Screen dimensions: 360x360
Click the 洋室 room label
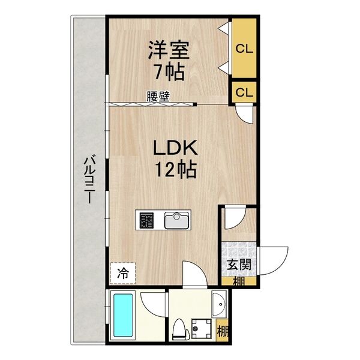coord(169,50)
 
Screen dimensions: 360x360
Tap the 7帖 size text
coord(170,71)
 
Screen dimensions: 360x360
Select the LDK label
coord(175,148)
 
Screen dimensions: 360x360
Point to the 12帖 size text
coord(176,170)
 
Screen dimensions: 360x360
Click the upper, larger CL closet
coord(244,48)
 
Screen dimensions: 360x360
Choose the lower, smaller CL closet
coord(244,92)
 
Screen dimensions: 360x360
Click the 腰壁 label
coord(158,97)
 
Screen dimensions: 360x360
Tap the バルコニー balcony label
coord(89,179)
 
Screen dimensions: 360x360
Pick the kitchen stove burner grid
coord(146,220)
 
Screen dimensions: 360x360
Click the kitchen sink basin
coord(176,220)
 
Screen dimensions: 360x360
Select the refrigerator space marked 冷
coord(123,273)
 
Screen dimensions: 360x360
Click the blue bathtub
coord(123,314)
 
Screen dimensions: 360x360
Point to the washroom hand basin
coord(220,305)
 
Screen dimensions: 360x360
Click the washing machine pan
coord(202,328)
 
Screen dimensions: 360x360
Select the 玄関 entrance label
coord(239,265)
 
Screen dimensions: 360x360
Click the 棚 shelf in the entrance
coord(239,281)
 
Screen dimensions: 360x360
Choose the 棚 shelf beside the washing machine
coord(222,331)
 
